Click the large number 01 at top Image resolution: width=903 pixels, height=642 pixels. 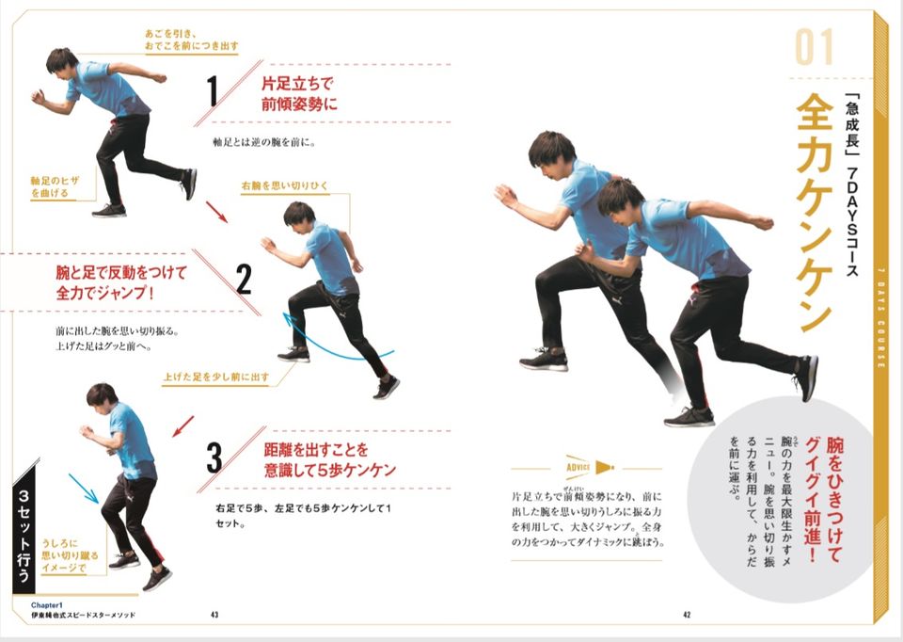point(815,48)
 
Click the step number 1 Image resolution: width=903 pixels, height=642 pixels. point(213,92)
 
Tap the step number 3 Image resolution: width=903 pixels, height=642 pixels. point(214,458)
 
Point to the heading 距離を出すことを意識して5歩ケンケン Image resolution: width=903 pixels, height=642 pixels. point(329,458)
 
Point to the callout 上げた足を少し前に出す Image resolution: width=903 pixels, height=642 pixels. point(215,377)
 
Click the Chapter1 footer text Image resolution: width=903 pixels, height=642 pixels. point(46,604)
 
